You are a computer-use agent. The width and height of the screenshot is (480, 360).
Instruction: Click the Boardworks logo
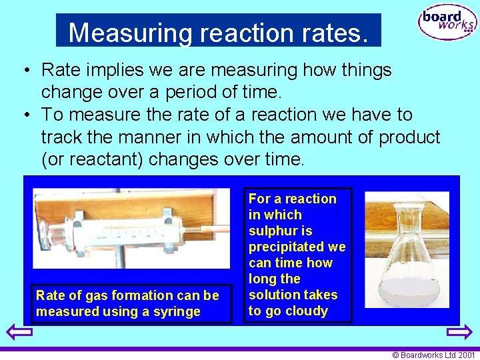447,23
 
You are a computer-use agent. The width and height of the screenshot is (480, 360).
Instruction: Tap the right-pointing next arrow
459,331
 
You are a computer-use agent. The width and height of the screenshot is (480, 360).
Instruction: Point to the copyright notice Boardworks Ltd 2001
434,355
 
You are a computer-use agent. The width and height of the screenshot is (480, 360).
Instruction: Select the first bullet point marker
23,70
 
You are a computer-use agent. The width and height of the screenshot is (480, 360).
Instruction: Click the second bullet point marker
23,115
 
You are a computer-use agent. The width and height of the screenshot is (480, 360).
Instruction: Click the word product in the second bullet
409,137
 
